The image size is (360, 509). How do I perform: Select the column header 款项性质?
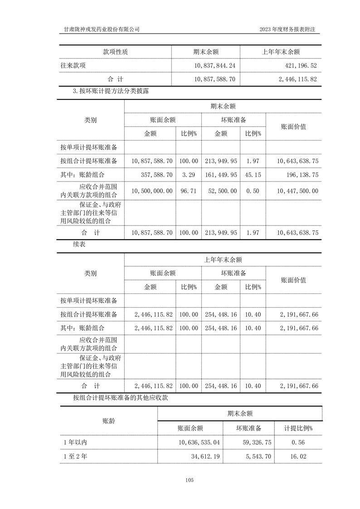coord(115,52)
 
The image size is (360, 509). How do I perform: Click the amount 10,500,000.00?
coord(151,191)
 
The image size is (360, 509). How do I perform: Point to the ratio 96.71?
coord(189,191)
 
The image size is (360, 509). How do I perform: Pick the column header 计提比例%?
coord(298,428)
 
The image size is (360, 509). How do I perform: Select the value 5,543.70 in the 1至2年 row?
coord(257,457)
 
